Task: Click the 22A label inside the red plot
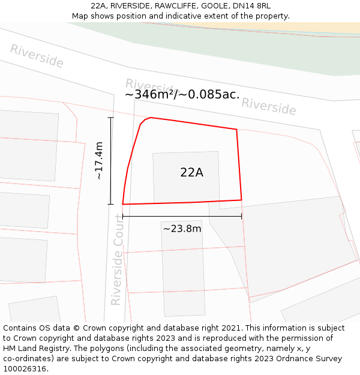[191, 173]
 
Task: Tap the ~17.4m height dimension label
[100, 160]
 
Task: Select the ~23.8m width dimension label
[182, 229]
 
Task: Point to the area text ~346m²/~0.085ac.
[182, 94]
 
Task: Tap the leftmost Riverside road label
[37, 56]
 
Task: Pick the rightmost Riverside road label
[269, 106]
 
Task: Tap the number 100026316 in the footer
[24, 369]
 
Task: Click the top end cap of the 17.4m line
[110, 118]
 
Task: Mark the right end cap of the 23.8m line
[242, 216]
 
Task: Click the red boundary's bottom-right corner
[241, 200]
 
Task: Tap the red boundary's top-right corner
[236, 129]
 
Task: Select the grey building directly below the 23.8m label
[183, 270]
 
